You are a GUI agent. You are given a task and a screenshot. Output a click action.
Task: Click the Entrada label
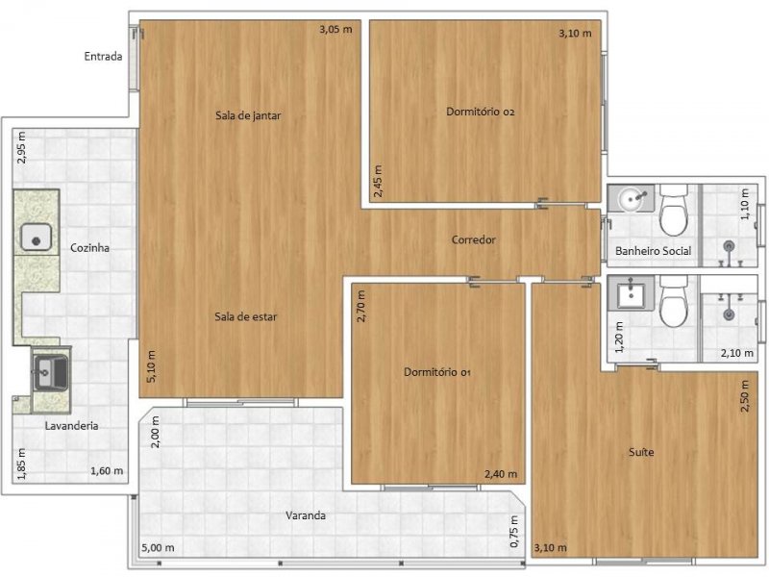coord(103,56)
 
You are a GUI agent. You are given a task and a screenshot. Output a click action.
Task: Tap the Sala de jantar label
coord(247,115)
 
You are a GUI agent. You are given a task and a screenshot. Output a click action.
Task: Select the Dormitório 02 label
coord(482,112)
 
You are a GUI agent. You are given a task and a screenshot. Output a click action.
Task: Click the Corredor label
coord(473,239)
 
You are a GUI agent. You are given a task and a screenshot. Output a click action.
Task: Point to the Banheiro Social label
coord(654,251)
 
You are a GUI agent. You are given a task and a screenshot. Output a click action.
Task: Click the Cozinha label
coord(89,247)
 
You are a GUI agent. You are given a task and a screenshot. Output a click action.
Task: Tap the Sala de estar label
coord(246,316)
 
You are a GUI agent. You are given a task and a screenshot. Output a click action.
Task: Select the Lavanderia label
coord(71,425)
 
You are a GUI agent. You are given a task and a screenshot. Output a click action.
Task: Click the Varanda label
coord(306,515)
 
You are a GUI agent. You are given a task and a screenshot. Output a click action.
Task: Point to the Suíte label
coord(641,452)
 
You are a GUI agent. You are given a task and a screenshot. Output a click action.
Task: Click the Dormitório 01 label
coord(437,371)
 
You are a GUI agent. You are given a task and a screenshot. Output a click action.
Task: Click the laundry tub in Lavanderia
coord(45,370)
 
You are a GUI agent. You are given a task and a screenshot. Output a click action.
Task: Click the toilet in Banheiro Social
coord(675,213)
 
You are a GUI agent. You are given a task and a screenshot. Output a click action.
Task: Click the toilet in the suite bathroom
coord(675,303)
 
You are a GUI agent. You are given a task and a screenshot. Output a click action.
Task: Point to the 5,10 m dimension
coord(150,365)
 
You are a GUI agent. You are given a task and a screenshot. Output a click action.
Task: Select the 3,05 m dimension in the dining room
coord(335,30)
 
